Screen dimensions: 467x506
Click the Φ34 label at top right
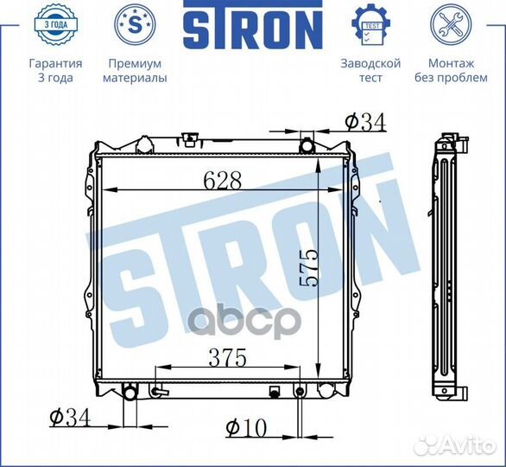coord(364,122)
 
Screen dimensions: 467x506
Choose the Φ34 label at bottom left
coord(69,419)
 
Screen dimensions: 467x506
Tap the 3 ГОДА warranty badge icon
coord(55,23)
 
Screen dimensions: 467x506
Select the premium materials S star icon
coord(134,23)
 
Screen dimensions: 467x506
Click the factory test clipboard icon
coord(370,23)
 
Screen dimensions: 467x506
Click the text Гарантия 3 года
coord(55,71)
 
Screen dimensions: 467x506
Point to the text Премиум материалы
coord(135,71)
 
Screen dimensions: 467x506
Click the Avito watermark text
coord(466,445)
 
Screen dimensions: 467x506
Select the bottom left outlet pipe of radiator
coord(130,394)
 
